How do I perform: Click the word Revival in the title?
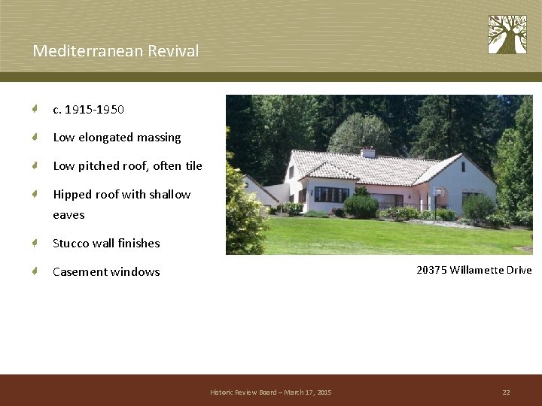click(175, 51)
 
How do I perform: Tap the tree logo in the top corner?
click(507, 35)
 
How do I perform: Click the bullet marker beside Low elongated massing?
click(35, 138)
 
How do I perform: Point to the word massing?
click(159, 138)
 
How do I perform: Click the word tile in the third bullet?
click(193, 165)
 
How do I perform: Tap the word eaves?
click(69, 215)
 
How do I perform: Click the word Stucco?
click(71, 244)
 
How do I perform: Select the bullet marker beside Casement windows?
click(35, 272)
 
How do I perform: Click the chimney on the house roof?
click(367, 153)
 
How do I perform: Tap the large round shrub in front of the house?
click(361, 205)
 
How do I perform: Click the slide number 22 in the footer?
click(506, 392)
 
